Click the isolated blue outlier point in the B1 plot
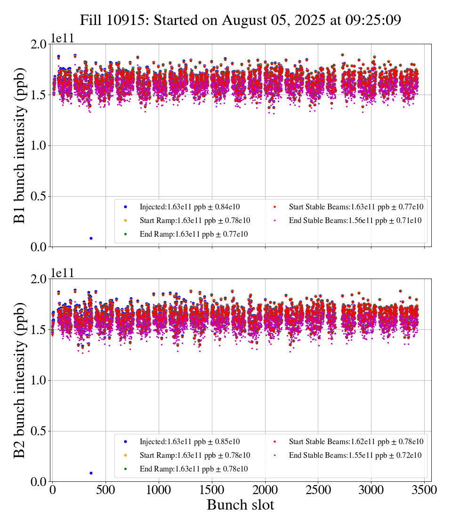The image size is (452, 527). click(91, 238)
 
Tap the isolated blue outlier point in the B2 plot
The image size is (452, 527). click(91, 473)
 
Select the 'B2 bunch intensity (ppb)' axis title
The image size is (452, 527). click(20, 380)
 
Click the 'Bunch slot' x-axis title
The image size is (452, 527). click(240, 505)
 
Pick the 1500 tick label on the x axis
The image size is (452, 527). click(212, 490)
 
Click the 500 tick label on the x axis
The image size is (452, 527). click(105, 490)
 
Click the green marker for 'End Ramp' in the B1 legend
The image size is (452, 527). click(126, 234)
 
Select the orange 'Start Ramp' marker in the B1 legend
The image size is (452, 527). click(126, 220)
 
